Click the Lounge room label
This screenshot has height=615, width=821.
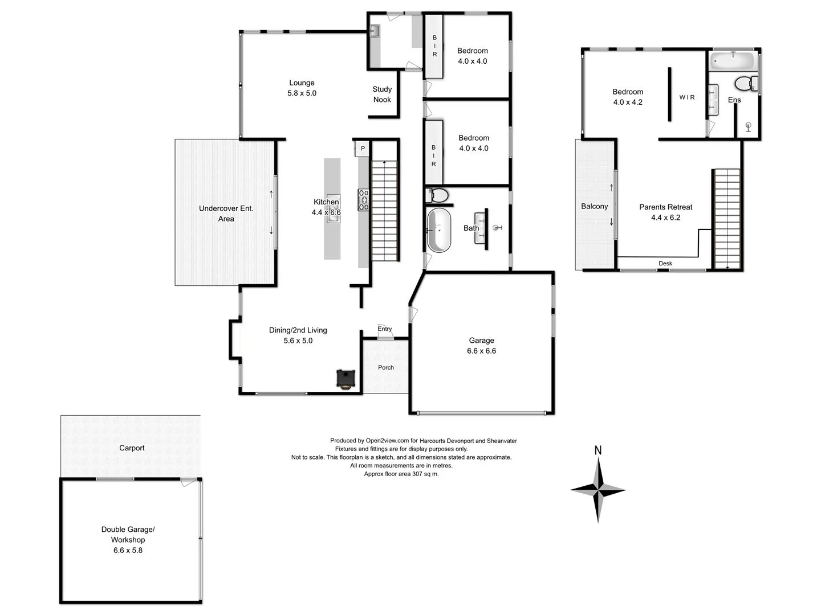[302, 83]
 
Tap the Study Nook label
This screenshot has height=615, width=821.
[382, 95]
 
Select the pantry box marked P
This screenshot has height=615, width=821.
[363, 149]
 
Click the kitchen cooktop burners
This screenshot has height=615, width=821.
[363, 200]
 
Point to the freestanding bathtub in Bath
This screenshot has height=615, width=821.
[438, 230]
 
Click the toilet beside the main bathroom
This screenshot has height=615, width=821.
[437, 195]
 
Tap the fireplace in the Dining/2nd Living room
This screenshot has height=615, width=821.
[346, 379]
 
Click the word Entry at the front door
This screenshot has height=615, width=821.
[385, 329]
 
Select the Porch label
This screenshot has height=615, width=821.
[386, 368]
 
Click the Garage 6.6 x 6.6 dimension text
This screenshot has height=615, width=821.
[481, 351]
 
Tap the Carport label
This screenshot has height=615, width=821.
[132, 448]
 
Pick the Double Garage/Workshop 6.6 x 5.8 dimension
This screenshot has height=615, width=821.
[128, 551]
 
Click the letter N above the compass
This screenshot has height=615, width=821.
[598, 450]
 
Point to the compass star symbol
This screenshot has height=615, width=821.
[598, 490]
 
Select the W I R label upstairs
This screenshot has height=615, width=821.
[687, 97]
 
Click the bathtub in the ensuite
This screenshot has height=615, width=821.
[733, 60]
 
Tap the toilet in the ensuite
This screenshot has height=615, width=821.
[745, 84]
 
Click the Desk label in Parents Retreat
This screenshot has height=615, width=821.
[665, 264]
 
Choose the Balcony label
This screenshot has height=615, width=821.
[594, 207]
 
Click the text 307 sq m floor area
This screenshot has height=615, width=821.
[421, 474]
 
